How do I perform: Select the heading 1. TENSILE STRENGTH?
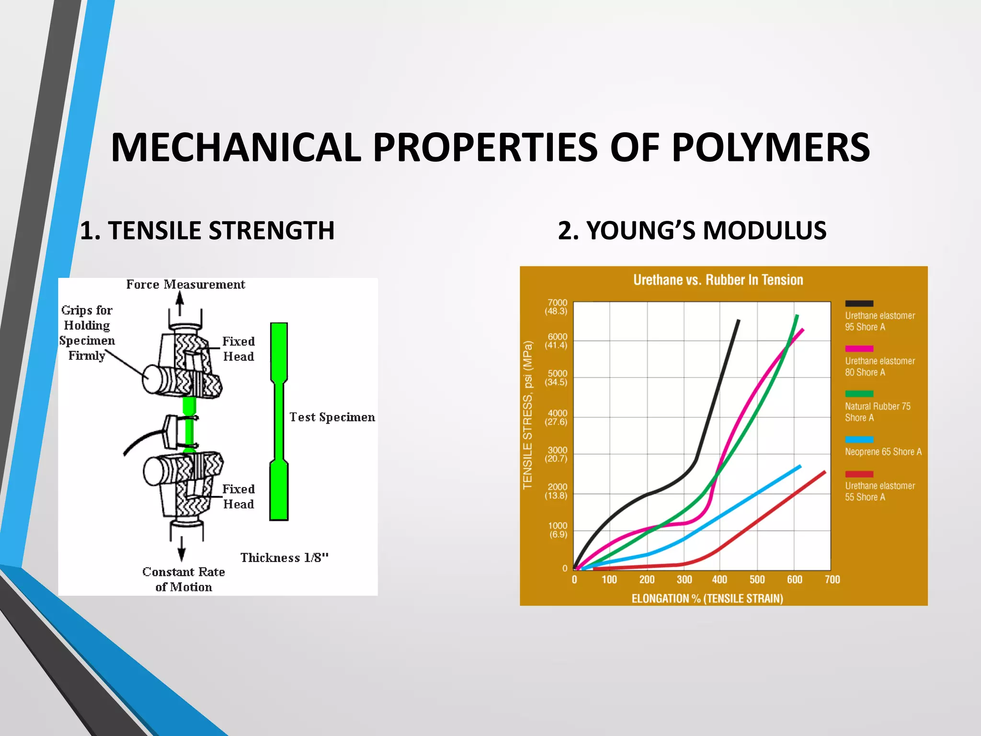(207, 230)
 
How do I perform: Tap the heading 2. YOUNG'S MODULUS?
(692, 230)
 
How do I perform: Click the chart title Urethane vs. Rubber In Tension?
(718, 280)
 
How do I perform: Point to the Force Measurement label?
(185, 285)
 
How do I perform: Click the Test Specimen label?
(332, 417)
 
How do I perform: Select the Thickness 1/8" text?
(285, 558)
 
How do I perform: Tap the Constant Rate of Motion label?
(183, 579)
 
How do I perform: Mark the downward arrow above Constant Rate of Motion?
(182, 549)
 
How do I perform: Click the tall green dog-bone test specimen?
(279, 422)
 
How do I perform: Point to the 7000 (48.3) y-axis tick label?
(557, 307)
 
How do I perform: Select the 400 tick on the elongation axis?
(719, 580)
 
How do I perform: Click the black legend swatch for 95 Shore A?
(859, 303)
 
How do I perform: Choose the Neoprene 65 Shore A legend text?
(883, 452)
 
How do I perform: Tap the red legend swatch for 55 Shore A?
(859, 474)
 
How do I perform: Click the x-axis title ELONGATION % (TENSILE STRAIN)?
(707, 598)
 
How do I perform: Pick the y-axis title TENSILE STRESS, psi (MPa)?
(527, 415)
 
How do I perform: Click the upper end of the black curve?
(738, 322)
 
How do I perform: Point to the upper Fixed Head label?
(239, 349)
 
